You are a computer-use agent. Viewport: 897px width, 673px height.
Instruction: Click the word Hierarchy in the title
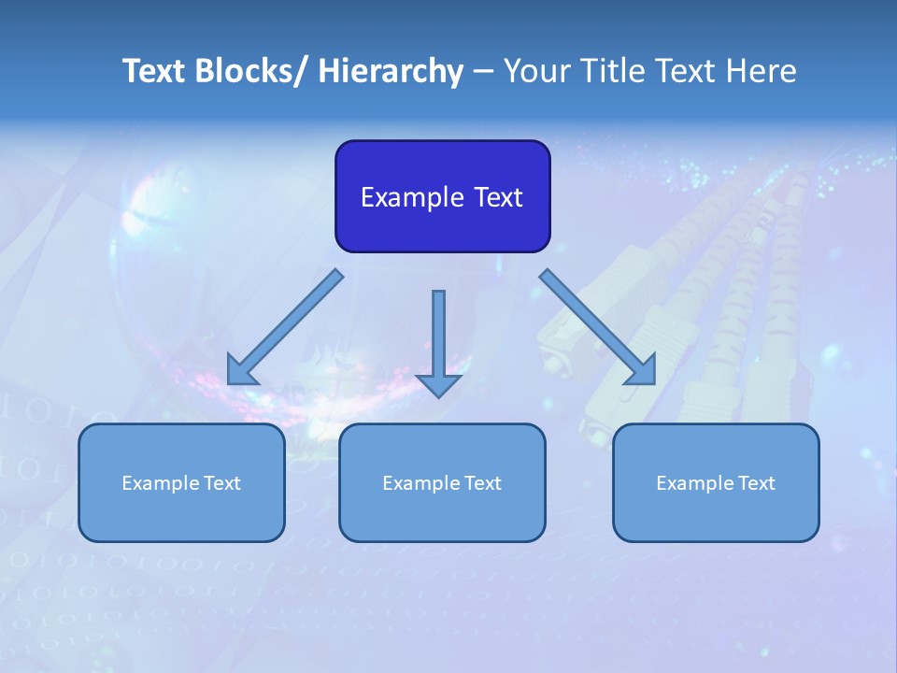click(x=391, y=71)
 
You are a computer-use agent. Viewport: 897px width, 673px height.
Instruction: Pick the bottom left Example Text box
click(x=181, y=482)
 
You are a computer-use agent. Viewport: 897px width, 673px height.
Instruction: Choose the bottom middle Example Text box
click(x=442, y=482)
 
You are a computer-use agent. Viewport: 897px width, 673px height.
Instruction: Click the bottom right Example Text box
click(x=716, y=482)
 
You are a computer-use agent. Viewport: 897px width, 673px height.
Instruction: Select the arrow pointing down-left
click(x=285, y=327)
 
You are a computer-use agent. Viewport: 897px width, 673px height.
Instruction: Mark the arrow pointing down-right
click(x=598, y=327)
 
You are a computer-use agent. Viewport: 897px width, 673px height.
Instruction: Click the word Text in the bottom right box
click(x=756, y=483)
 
